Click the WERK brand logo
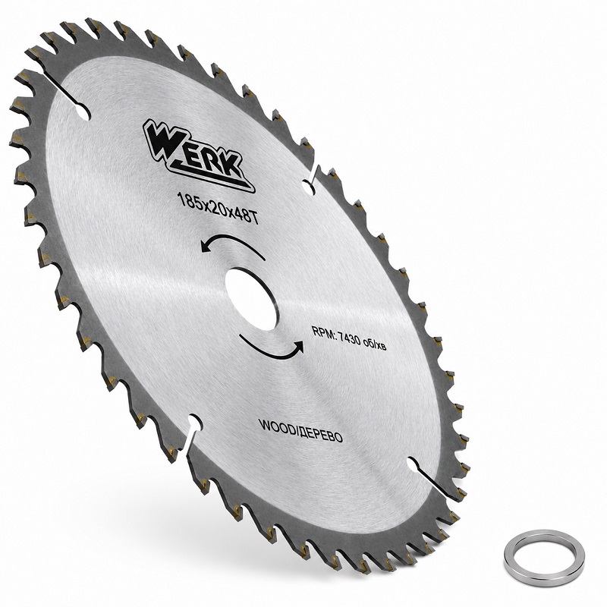[197, 155]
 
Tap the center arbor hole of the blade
[252, 299]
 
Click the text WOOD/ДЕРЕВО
[300, 430]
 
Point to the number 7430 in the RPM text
[350, 339]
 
